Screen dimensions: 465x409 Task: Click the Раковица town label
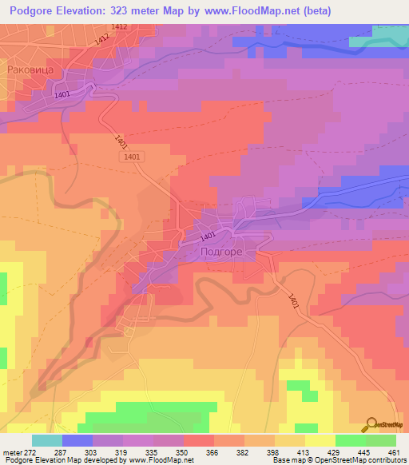click(x=30, y=70)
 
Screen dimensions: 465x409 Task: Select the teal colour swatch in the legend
click(x=47, y=439)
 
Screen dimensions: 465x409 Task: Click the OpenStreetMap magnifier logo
click(x=371, y=423)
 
